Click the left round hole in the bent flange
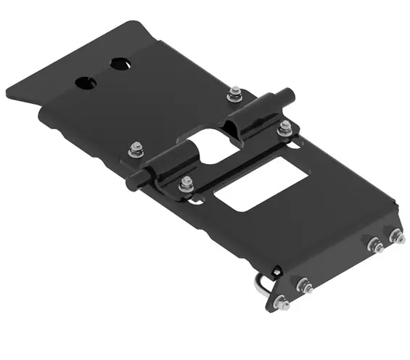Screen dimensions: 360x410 86,81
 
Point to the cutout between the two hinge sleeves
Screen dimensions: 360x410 210,144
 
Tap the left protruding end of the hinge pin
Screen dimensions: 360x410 134,182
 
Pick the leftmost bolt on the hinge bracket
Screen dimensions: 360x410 136,150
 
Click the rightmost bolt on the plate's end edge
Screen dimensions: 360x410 396,236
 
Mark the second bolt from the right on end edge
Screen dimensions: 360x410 374,245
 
